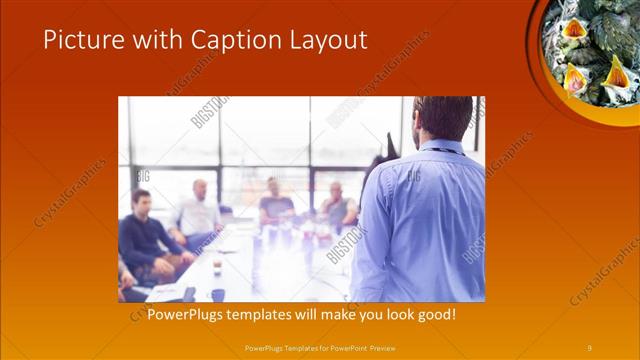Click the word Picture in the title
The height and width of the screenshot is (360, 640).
pyautogui.click(x=80, y=40)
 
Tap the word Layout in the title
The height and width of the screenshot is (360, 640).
pyautogui.click(x=324, y=40)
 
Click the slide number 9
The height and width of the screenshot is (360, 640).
pyautogui.click(x=589, y=347)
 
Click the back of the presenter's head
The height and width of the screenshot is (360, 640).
pyautogui.click(x=443, y=118)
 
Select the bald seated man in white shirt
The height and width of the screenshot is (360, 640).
pyautogui.click(x=199, y=211)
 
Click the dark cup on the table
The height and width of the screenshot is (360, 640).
pyautogui.click(x=217, y=294)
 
